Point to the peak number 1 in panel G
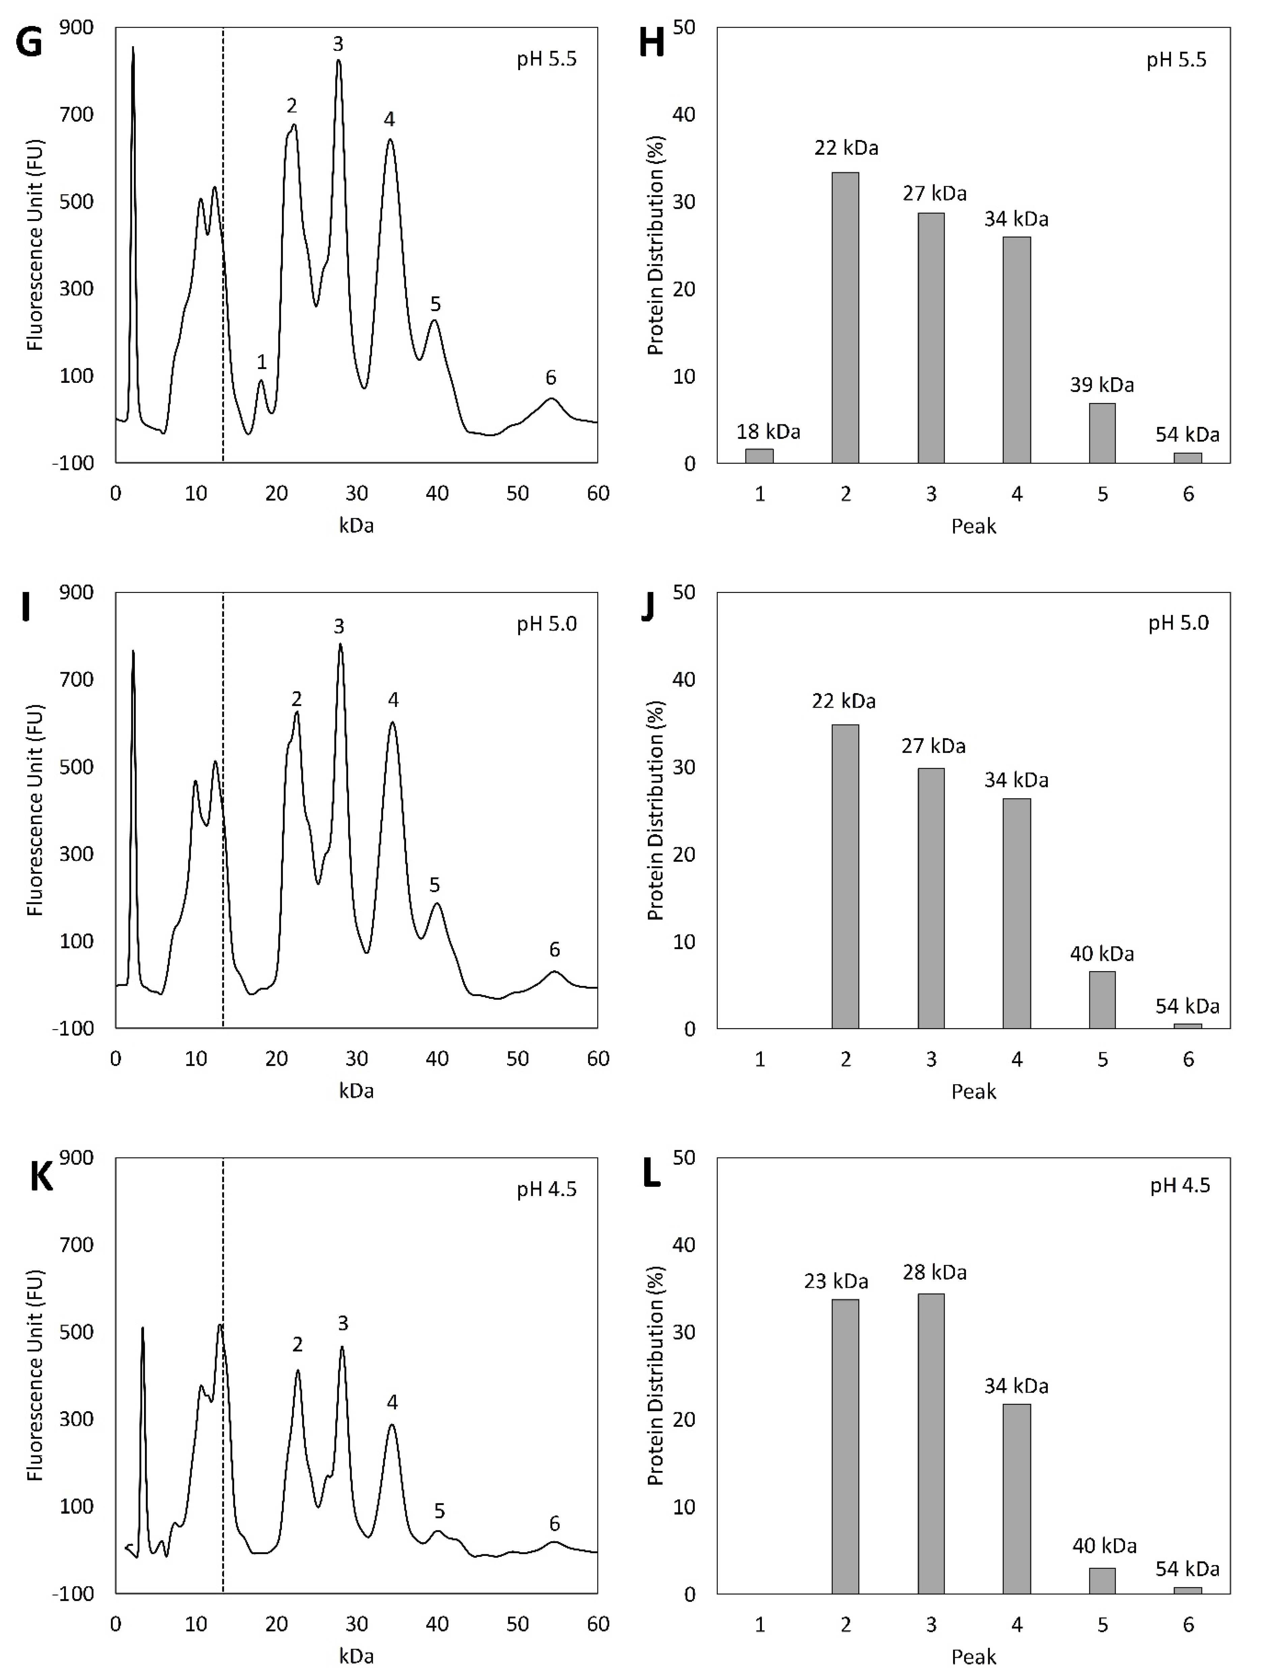click(x=261, y=362)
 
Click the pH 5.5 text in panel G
click(x=546, y=59)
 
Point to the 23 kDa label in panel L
click(x=836, y=1281)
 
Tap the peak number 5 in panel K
click(x=439, y=1511)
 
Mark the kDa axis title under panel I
click(x=356, y=1091)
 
